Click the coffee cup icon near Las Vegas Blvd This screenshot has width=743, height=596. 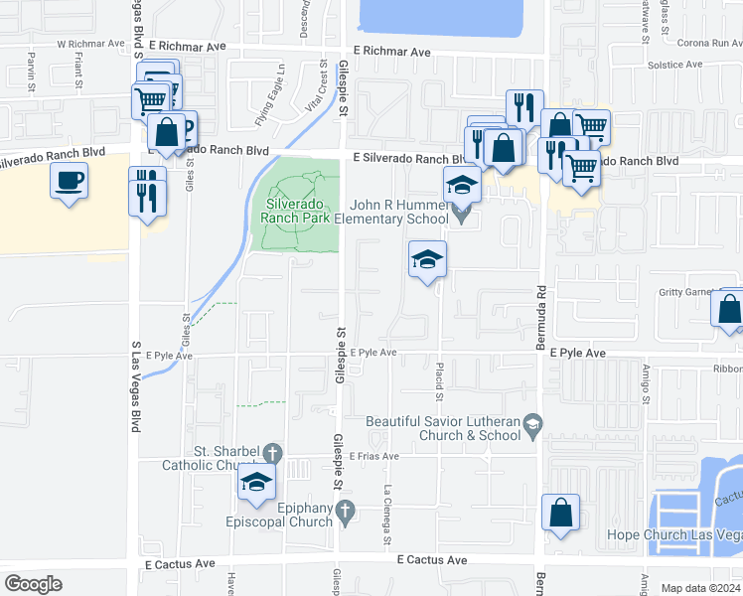tap(69, 181)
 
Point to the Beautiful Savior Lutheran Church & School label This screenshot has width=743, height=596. tap(443, 428)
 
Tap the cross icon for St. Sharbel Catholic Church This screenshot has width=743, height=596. tap(269, 452)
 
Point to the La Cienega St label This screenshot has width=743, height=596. tap(388, 515)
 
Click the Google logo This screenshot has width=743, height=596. tap(33, 583)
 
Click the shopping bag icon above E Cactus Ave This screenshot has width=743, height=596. tap(560, 513)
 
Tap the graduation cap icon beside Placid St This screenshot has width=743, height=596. tap(427, 260)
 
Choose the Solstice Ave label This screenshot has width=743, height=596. tap(674, 65)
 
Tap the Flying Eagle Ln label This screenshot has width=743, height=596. tap(270, 100)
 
